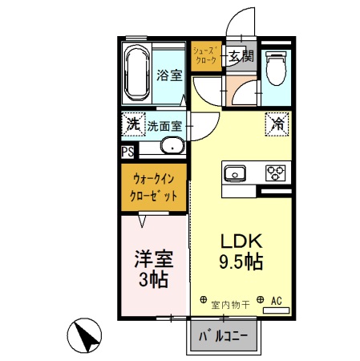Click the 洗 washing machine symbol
click(131, 125)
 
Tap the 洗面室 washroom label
click(164, 126)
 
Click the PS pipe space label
click(128, 150)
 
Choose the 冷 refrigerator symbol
click(278, 124)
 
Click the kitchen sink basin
click(237, 172)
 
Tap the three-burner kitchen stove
click(277, 172)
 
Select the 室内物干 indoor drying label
click(231, 304)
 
